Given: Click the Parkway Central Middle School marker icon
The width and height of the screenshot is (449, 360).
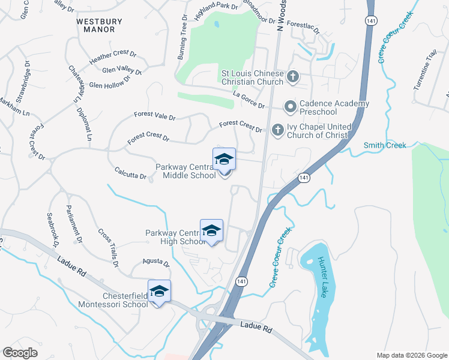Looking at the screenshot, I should pos(224,160).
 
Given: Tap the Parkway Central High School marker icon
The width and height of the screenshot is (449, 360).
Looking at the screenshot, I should pos(211,231).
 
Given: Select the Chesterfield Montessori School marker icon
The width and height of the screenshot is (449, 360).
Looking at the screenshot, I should pos(160,292).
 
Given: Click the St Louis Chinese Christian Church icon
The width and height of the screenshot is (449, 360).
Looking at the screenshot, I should pos(292,77).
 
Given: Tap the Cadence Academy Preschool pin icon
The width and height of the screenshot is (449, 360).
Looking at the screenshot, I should pos(291,107).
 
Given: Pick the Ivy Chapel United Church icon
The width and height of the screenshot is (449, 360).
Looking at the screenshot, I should pos(277,130).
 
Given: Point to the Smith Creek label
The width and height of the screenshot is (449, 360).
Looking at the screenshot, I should pos(385,145).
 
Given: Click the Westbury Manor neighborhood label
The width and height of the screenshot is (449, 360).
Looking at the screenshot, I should pos(99,25).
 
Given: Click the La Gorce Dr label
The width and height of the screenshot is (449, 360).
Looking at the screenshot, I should pos(249,100).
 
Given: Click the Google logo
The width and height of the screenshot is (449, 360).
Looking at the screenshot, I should pos(20,353).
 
